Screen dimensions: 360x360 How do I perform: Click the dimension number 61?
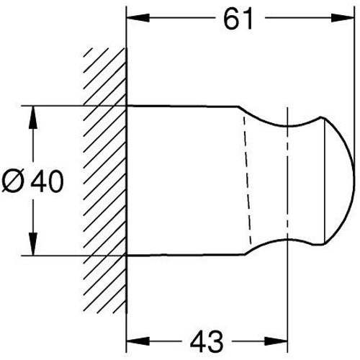(x=238, y=19)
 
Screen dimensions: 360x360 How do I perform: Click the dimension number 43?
(x=207, y=341)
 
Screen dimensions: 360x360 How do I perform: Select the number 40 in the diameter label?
(x=48, y=181)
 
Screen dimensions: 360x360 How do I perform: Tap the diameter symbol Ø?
(x=14, y=181)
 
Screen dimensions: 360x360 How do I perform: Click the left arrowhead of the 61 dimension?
(x=138, y=17)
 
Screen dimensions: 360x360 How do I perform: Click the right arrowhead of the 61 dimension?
(x=343, y=17)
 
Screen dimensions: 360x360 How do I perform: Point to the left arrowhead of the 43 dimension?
(x=138, y=341)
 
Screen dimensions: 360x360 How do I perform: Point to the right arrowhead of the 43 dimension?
(x=276, y=341)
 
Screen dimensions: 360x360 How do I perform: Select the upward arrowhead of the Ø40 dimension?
(x=33, y=117)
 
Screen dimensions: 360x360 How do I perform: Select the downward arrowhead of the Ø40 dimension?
(x=33, y=244)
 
